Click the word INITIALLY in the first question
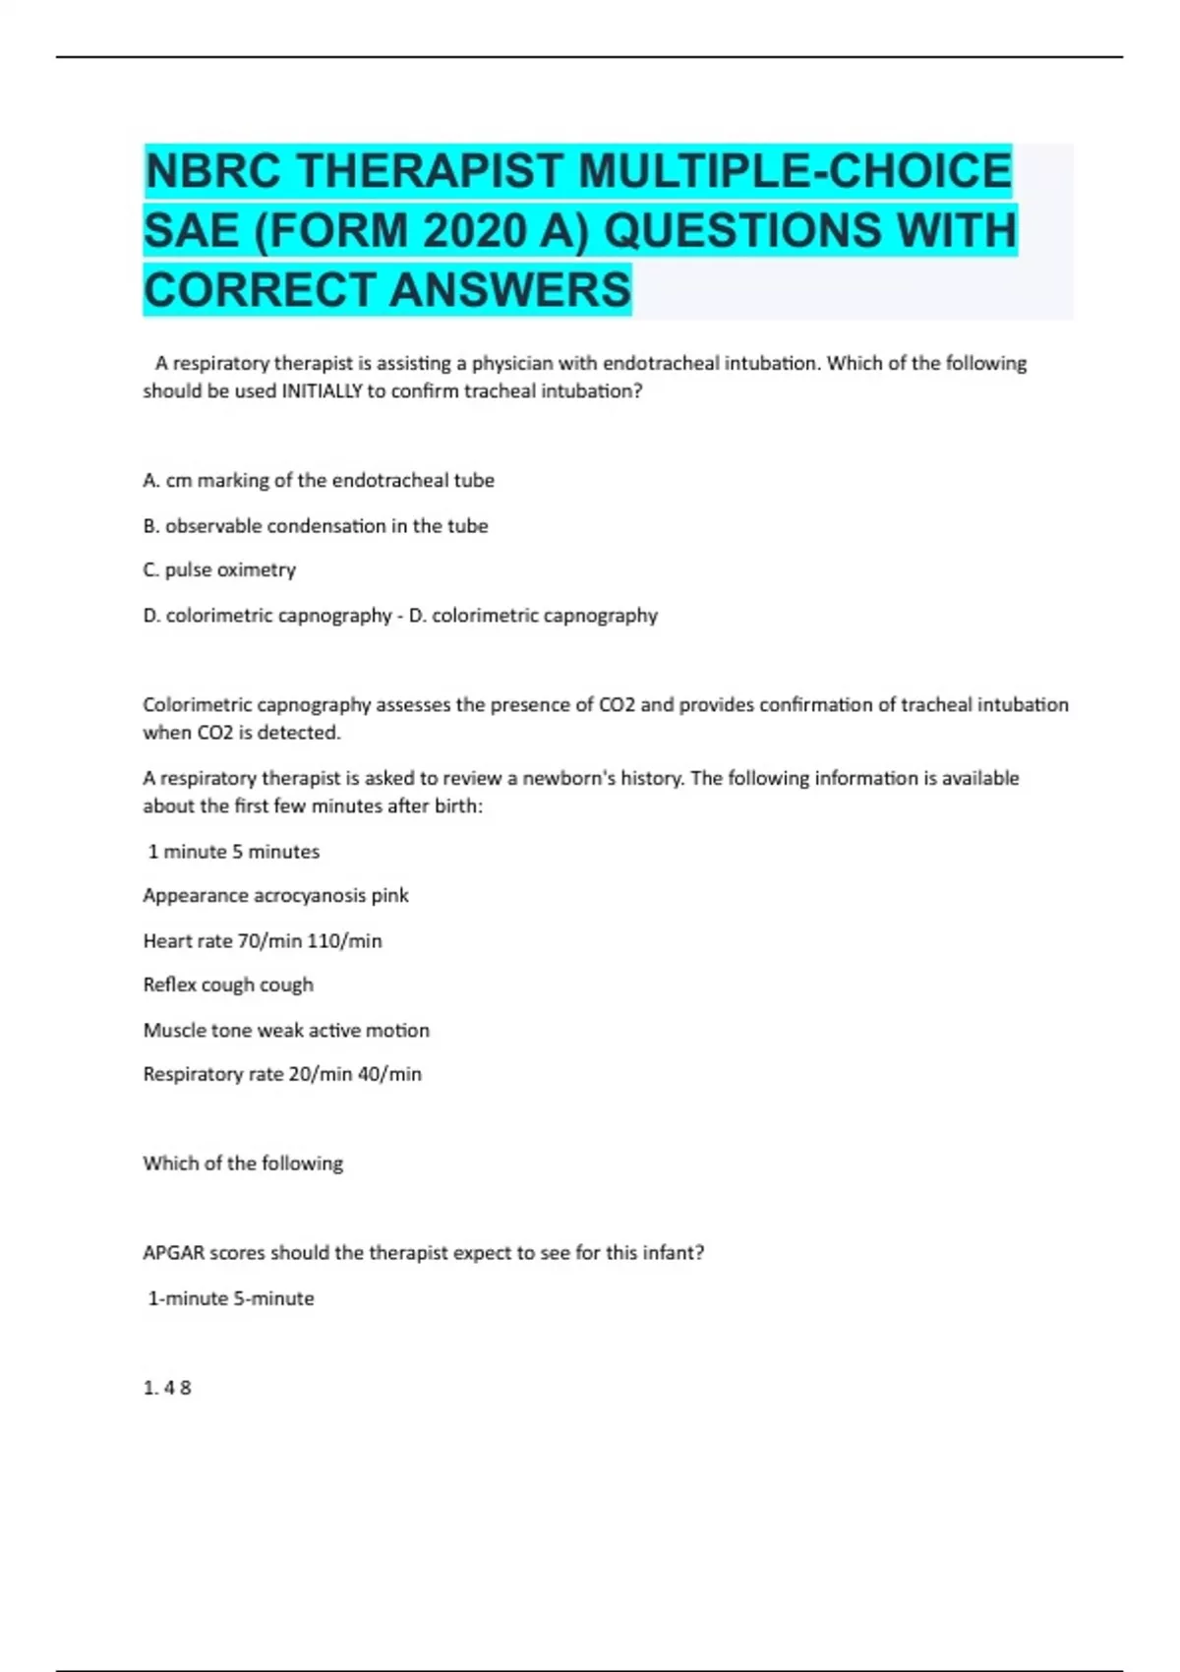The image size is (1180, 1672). coord(322,391)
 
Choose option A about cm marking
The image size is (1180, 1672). coord(319,481)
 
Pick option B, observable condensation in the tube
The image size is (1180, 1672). coord(316,526)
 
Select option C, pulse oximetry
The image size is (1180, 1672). coord(219,570)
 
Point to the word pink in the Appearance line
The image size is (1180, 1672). coord(389,896)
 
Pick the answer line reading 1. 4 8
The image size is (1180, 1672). coord(167,1388)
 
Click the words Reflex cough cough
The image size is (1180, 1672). coord(228,985)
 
